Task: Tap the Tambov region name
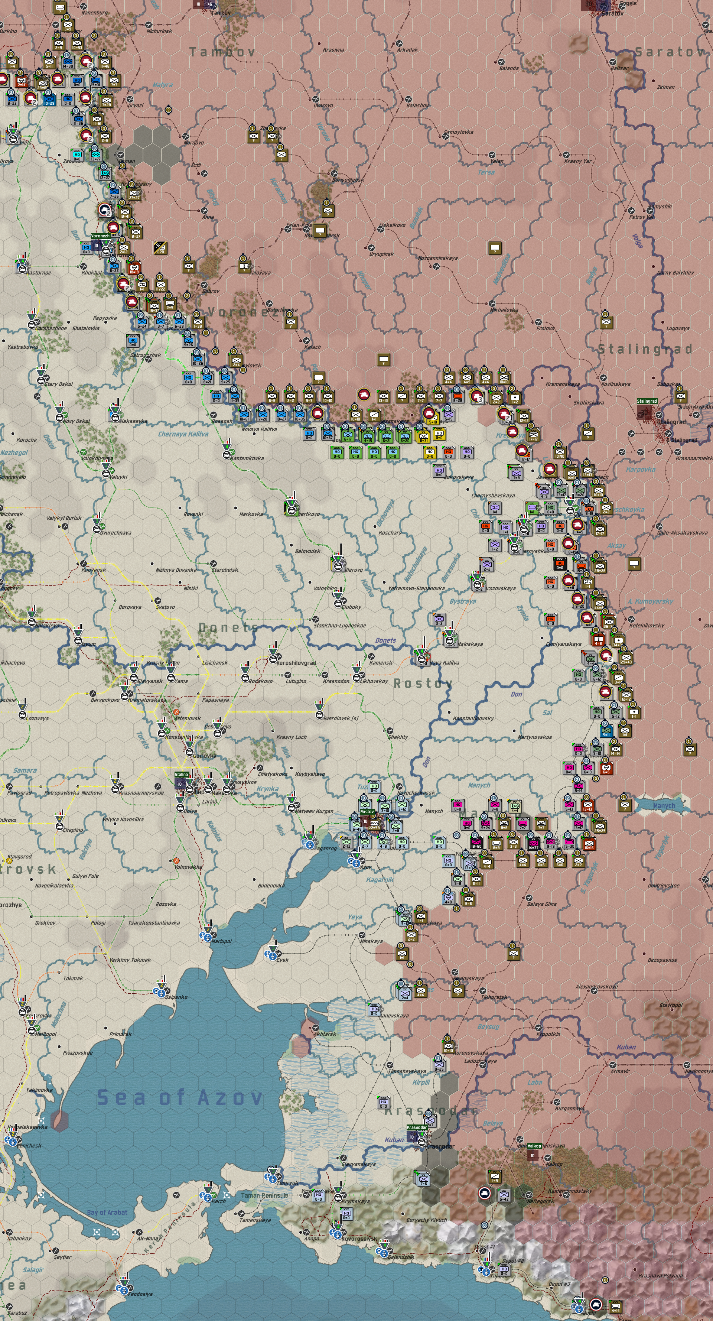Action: [x=222, y=52]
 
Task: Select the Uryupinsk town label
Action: [x=381, y=254]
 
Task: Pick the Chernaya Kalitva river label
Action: [x=183, y=434]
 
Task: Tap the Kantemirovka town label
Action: [x=247, y=458]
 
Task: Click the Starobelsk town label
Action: [x=225, y=570]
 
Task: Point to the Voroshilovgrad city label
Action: [x=296, y=663]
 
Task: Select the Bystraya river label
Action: [x=462, y=601]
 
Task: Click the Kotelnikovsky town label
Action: [x=647, y=626]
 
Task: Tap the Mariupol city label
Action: [x=221, y=941]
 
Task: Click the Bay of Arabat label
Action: [x=107, y=1212]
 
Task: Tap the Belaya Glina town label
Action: [x=541, y=904]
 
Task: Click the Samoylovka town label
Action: [x=458, y=132]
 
